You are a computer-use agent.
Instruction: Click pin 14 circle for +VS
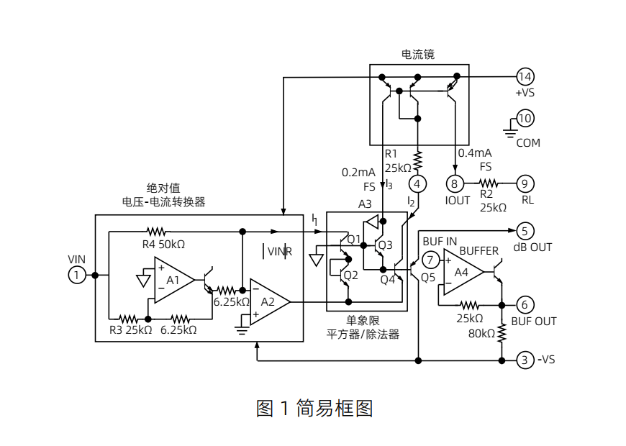(525, 76)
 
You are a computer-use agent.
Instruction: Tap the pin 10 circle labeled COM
(525, 118)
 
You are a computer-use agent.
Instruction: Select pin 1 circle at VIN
(77, 274)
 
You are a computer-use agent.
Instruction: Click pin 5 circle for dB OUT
(525, 231)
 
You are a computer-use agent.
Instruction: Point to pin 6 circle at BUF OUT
(525, 304)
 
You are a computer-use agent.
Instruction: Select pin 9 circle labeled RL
(525, 182)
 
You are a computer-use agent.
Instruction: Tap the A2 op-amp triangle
(268, 302)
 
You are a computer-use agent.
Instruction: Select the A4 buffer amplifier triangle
(462, 271)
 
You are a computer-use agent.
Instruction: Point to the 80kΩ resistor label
(481, 333)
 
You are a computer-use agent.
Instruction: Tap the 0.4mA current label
(475, 153)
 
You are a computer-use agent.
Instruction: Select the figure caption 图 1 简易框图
(314, 409)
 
